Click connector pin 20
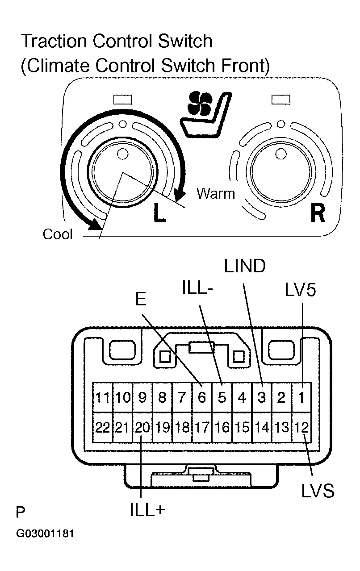coord(142,427)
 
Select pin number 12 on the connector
coord(301,427)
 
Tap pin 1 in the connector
coord(301,397)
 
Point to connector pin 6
coord(202,397)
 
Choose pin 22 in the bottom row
coord(103,427)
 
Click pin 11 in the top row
coord(103,397)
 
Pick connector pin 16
coord(222,427)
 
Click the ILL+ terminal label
coord(147,510)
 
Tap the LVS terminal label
coord(317,491)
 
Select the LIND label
coord(244,267)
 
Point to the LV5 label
coord(300,290)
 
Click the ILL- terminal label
coord(197,288)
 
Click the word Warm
coord(216,193)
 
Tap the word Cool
coord(58,234)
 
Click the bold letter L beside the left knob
coord(159,213)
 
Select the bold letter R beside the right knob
coord(317,213)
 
